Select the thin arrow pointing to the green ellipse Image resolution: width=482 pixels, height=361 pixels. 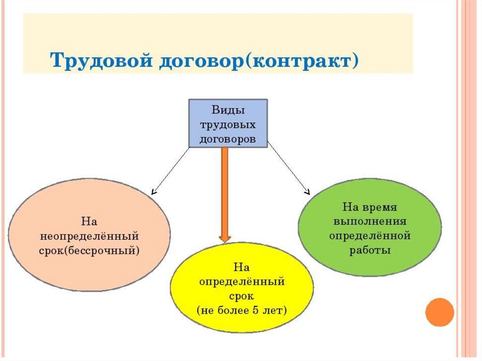coord(289,170)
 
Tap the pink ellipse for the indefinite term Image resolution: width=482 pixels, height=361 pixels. coord(89,235)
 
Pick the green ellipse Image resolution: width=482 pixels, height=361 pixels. coord(370,228)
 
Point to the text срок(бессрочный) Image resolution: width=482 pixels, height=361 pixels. coord(89,250)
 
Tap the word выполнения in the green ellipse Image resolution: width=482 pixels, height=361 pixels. coord(370,221)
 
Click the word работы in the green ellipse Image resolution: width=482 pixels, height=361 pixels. coord(370,250)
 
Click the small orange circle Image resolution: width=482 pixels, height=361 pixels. coord(439,312)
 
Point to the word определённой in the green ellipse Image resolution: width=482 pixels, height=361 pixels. coord(370,236)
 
